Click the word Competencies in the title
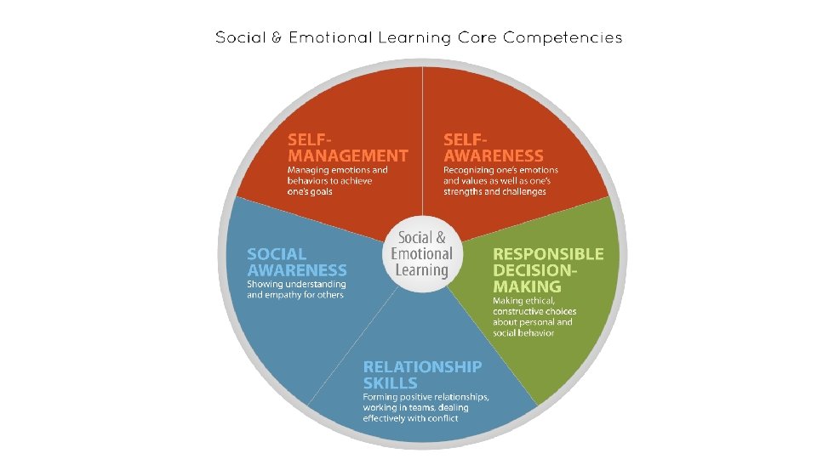tap(563, 38)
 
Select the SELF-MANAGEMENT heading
tap(347, 147)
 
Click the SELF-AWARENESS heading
tap(493, 147)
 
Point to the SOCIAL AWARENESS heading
tap(296, 262)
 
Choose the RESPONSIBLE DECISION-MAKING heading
tap(548, 269)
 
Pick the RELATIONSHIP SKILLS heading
tap(422, 375)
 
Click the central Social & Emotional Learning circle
tap(422, 255)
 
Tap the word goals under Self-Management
tap(320, 192)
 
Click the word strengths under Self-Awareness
tap(465, 192)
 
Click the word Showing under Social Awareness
tap(265, 284)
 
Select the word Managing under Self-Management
tap(309, 170)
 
